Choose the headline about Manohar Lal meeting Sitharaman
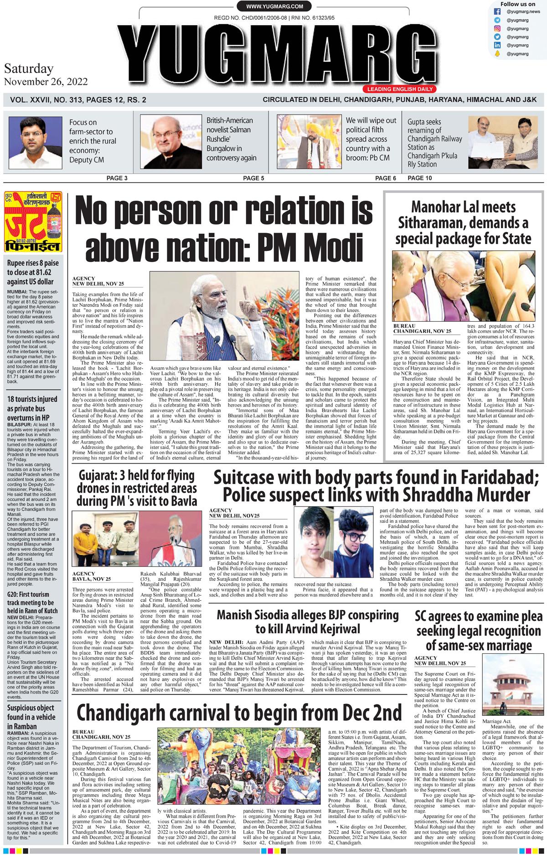coord(464,223)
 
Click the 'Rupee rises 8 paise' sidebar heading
coord(33,272)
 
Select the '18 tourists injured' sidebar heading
coord(33,408)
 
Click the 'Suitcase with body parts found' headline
coord(376,486)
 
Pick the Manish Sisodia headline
coord(307,621)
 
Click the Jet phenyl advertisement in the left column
coord(33,222)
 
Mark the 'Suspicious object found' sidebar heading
coord(33,717)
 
